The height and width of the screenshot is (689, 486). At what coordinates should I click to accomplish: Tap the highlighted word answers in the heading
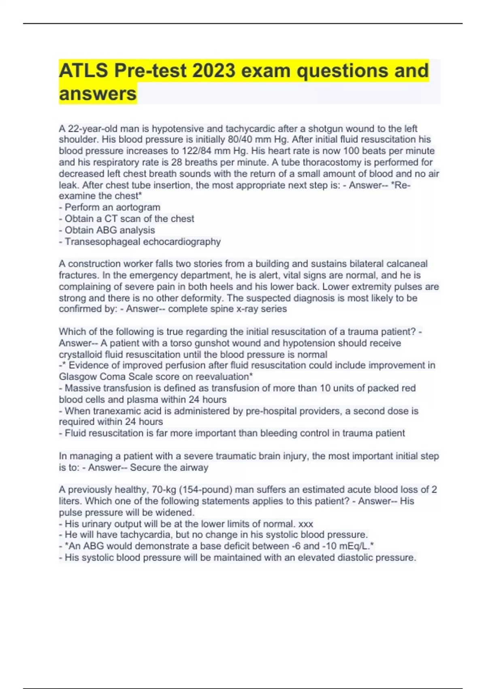98,94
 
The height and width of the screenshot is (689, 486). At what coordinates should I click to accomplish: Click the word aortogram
138,208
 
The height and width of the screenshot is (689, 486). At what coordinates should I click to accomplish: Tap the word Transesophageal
102,242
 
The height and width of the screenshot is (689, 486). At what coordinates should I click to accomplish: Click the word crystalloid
80,355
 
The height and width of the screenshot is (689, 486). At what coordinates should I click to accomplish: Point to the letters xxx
306,524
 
